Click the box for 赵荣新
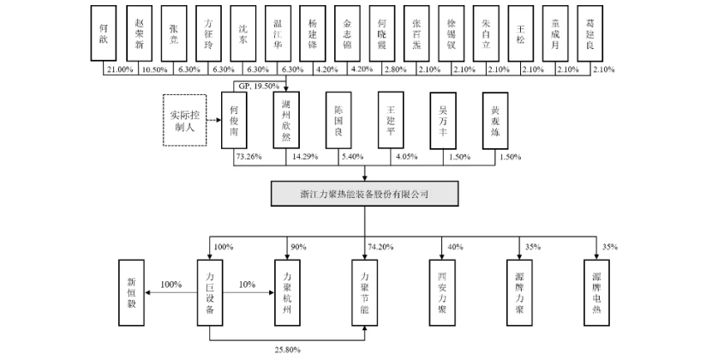(139, 33)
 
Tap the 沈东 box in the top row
(243, 33)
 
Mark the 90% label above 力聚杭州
(297, 247)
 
